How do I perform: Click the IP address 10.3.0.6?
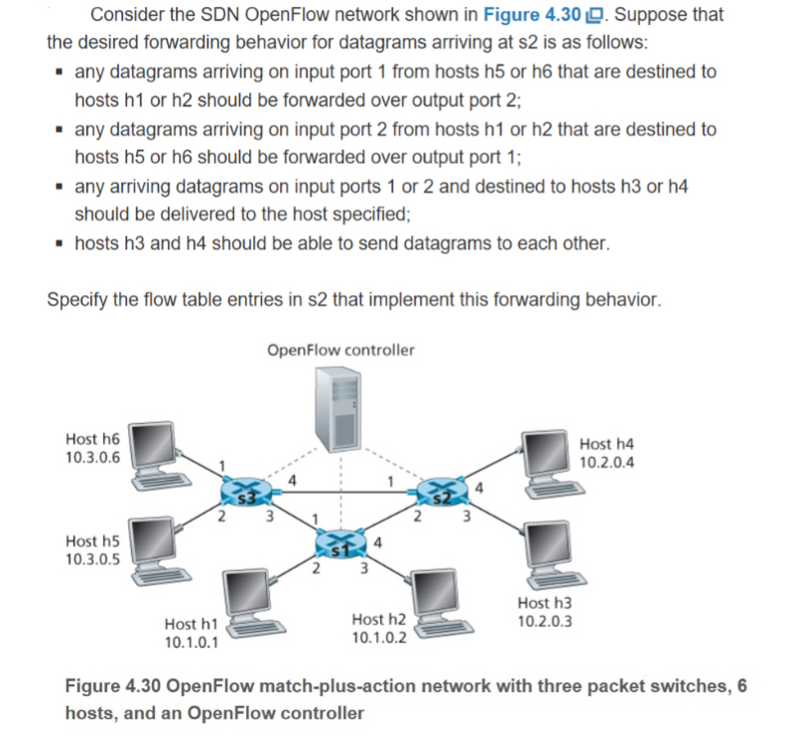(x=92, y=458)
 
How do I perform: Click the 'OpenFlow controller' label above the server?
(x=340, y=350)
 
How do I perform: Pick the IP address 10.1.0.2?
(x=379, y=637)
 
